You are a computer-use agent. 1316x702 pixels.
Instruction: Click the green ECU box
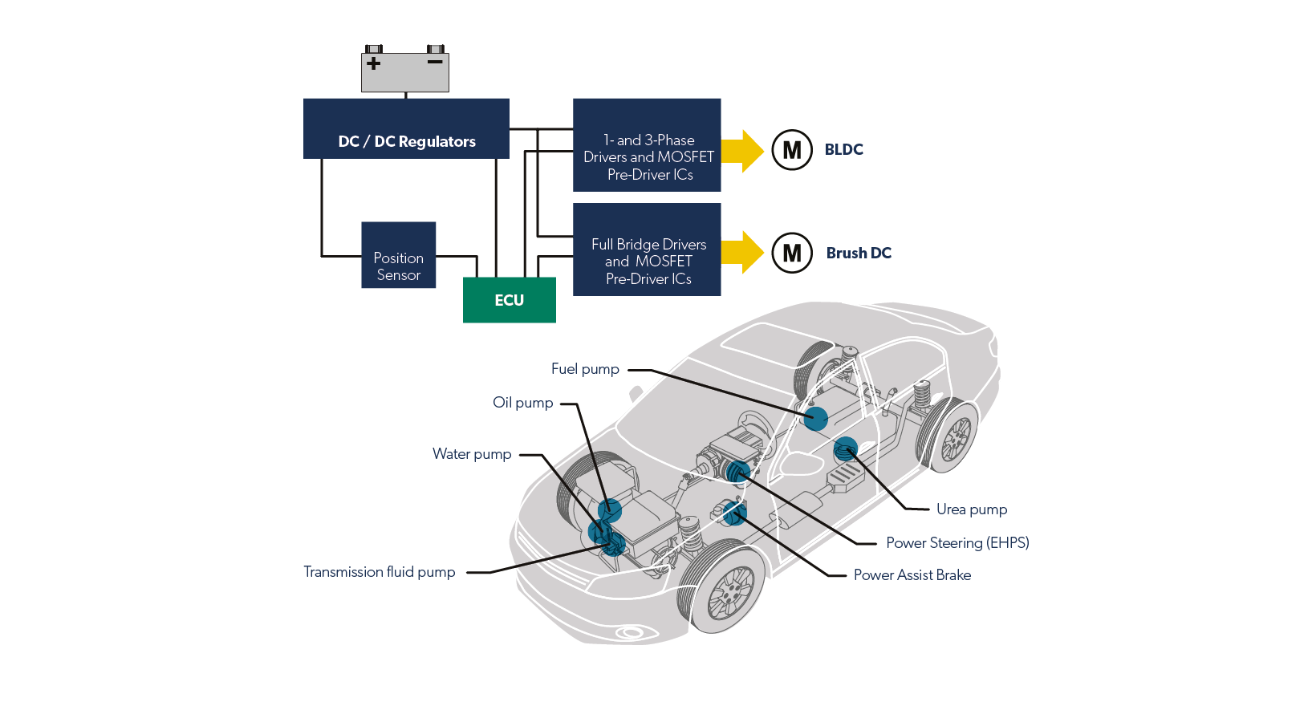point(509,300)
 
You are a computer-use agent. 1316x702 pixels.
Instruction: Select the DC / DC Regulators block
point(406,129)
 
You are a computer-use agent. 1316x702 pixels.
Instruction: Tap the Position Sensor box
point(398,255)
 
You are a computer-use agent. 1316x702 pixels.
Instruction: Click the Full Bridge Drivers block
point(647,250)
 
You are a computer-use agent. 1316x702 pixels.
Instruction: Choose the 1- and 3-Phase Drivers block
point(647,145)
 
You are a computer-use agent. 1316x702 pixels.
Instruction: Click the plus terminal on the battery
point(373,63)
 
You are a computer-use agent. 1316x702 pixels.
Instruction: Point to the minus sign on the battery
point(435,62)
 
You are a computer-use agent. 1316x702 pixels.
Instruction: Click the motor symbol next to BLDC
point(792,150)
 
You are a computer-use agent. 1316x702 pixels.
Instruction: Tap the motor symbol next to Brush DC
point(792,253)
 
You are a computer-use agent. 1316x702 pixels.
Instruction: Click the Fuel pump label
point(585,369)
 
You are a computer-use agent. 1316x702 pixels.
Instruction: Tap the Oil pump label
point(523,403)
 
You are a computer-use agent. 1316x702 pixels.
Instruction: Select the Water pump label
point(472,454)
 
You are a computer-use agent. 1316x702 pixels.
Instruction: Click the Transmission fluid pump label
point(379,572)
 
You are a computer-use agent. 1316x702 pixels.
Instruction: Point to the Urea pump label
point(971,509)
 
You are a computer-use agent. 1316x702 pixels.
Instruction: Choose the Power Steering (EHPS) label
point(957,543)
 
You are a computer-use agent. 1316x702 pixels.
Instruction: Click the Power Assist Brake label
point(912,575)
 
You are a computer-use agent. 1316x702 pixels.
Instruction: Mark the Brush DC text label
point(859,253)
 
